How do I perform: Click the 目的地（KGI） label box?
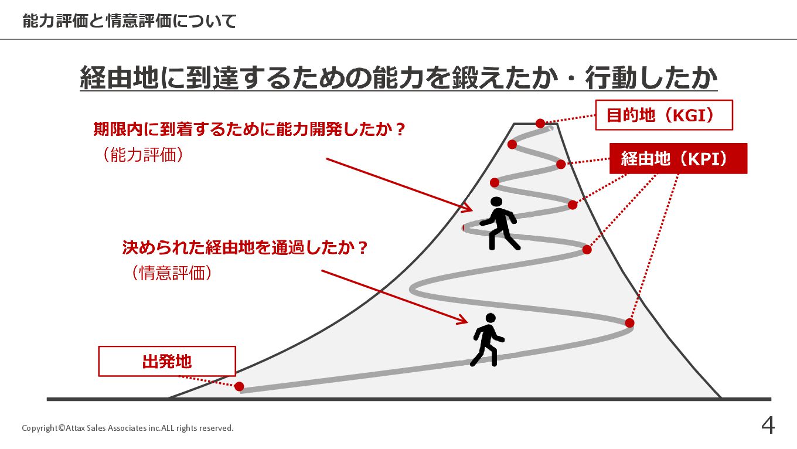664,115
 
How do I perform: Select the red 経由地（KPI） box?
678,158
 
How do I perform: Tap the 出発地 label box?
167,361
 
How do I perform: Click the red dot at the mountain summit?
540,123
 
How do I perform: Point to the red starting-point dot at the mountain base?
239,386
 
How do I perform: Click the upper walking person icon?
498,223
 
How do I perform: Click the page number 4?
768,426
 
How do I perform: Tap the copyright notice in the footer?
128,428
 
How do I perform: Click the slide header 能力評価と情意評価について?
130,22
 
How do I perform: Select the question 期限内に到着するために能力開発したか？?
250,129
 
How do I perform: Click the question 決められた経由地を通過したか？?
246,247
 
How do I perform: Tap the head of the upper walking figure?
497,202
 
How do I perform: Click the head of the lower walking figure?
491,318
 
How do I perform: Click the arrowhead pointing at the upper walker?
468,207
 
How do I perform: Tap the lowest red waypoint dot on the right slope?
629,323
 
